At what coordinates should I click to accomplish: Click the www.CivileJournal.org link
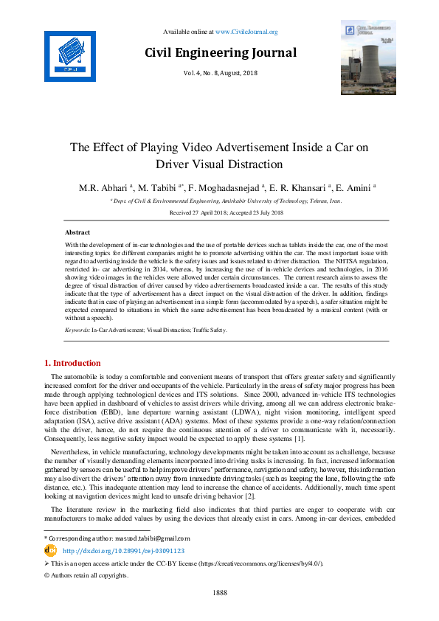pyautogui.click(x=246, y=32)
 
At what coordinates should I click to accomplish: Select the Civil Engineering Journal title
pyautogui.click(x=221, y=52)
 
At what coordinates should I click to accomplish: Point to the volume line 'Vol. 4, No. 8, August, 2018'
pyautogui.click(x=221, y=74)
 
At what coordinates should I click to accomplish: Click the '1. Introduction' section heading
pyautogui.click(x=73, y=363)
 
